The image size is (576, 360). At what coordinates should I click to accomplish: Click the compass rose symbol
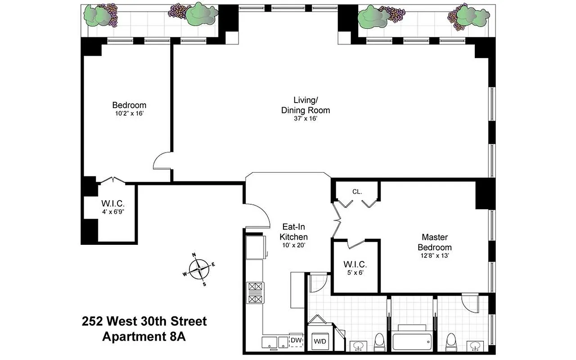198,270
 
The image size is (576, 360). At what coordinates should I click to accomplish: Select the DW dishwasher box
296,340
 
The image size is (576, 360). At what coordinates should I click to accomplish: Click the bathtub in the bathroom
412,341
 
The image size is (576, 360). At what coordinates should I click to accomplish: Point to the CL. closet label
357,191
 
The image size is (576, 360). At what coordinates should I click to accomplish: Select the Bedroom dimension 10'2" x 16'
129,113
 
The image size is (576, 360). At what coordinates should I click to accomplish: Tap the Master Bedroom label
434,242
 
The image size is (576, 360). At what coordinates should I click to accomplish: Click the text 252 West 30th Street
144,321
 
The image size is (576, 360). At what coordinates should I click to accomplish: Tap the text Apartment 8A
144,336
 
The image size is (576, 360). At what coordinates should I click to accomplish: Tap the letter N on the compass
194,255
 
